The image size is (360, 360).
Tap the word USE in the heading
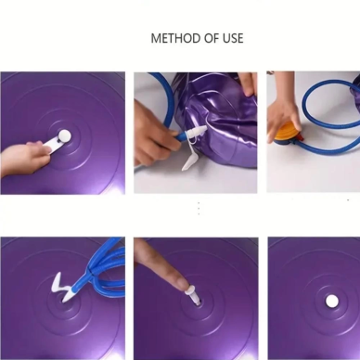[x=233, y=38]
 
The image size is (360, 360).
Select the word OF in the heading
[x=212, y=38]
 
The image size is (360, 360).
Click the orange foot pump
[x=286, y=134]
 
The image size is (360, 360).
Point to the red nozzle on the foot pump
[x=301, y=138]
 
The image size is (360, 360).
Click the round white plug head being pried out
[x=65, y=135]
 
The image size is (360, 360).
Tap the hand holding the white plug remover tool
[x=25, y=159]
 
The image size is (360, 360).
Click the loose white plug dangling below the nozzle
[x=188, y=161]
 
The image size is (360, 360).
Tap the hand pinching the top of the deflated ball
[x=248, y=84]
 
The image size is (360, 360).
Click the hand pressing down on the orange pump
[x=282, y=113]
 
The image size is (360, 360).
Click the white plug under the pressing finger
[x=192, y=296]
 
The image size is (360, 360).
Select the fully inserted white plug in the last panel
[x=332, y=301]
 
